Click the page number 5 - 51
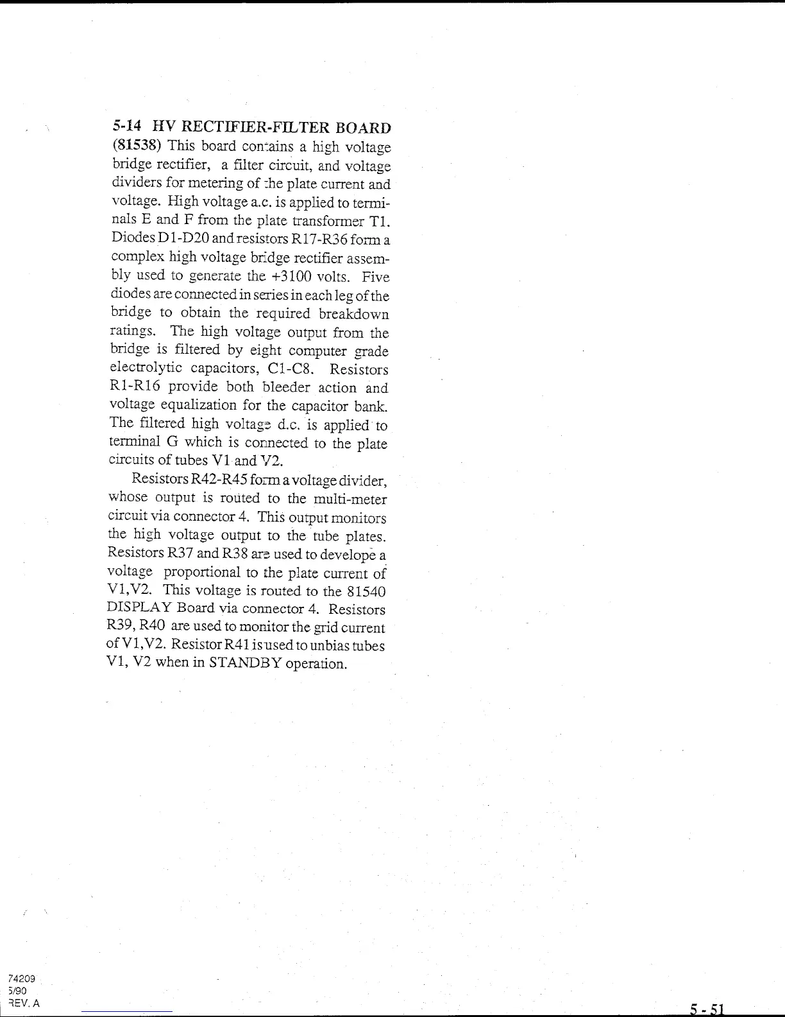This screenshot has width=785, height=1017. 705,1009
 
